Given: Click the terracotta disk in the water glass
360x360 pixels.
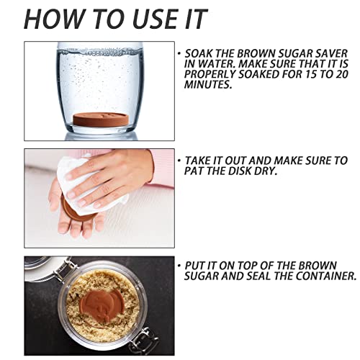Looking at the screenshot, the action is pyautogui.click(x=101, y=120).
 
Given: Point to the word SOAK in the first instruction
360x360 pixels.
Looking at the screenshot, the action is pyautogui.click(x=199, y=53).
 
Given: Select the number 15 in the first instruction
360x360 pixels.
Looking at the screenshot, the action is pyautogui.click(x=311, y=74).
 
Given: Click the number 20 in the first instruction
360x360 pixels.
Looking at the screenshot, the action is pyautogui.click(x=341, y=74).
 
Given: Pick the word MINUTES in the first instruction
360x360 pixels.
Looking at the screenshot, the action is pyautogui.click(x=208, y=85).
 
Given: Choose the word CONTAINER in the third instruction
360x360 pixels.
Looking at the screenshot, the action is pyautogui.click(x=325, y=276).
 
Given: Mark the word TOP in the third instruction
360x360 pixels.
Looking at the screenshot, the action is pyautogui.click(x=250, y=266).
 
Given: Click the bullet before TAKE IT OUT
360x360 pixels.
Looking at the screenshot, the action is pyautogui.click(x=179, y=160).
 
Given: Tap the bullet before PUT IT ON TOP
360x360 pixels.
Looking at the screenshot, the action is pyautogui.click(x=179, y=265).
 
